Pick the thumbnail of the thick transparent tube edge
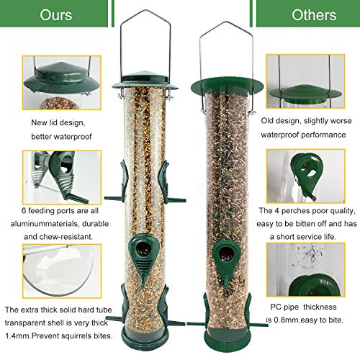click(x=51, y=273)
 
